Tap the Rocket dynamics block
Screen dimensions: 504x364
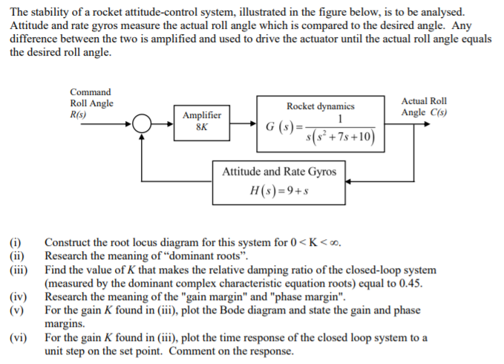point(321,124)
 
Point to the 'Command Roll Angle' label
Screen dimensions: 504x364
point(91,98)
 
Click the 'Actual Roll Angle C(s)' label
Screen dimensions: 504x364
point(424,107)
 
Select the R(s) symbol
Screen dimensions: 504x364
point(78,115)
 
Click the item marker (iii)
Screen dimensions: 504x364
point(16,270)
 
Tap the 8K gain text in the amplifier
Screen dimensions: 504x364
point(202,126)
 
